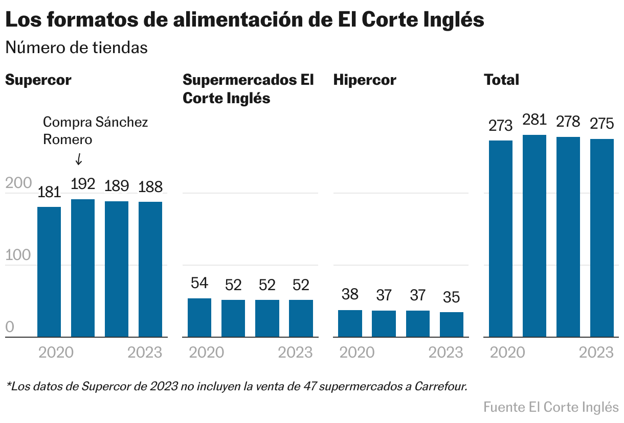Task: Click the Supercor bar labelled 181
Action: tap(49, 272)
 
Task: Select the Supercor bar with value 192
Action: tap(83, 268)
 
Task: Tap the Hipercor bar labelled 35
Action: tap(452, 324)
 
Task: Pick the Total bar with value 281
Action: tap(534, 236)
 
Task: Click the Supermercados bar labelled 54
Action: tap(199, 317)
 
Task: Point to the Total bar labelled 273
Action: tap(501, 239)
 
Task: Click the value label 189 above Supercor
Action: tap(117, 186)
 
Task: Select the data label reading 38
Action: tap(350, 294)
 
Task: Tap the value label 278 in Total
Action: tap(568, 122)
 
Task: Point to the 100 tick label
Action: tap(18, 256)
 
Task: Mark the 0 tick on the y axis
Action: tap(10, 327)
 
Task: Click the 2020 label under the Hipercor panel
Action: tap(357, 353)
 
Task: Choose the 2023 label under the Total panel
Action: tap(596, 353)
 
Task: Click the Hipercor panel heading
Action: tap(365, 80)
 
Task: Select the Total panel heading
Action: tap(501, 80)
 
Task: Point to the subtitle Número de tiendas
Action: tap(76, 48)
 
